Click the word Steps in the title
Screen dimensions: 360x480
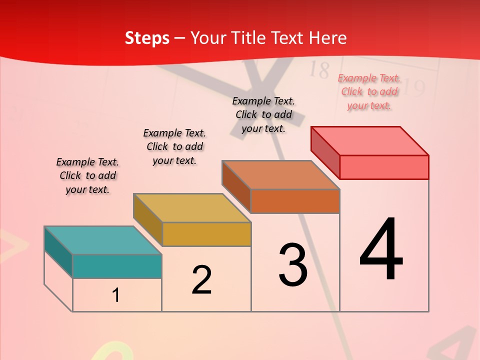pos(147,38)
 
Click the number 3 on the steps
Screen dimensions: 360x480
pos(293,265)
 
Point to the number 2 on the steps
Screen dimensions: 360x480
pos(202,280)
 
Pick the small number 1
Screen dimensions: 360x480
pos(116,295)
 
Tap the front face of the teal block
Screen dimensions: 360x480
pos(117,266)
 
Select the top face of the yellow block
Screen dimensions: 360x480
pos(191,207)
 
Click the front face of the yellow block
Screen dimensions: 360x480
pos(206,234)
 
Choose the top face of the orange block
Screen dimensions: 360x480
pos(280,175)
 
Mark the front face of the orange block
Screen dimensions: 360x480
pos(295,201)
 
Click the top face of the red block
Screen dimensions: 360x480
pos(369,140)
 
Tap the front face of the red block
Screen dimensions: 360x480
pos(384,167)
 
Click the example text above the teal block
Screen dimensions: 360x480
pos(87,175)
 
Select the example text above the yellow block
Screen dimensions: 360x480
pos(174,146)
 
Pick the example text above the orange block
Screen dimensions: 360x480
pos(263,114)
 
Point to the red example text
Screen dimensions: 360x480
pos(369,91)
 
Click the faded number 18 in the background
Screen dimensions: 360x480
pos(318,70)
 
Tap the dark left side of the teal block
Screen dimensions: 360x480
pos(58,252)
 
